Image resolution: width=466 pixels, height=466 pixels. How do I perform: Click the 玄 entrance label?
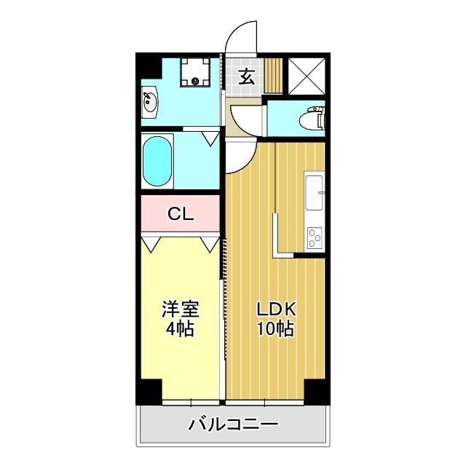click(x=246, y=76)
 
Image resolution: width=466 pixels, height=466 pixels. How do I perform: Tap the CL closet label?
click(x=180, y=214)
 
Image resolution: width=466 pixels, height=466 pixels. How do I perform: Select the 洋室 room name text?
click(x=180, y=309)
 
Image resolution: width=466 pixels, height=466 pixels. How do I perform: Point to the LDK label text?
click(x=275, y=309)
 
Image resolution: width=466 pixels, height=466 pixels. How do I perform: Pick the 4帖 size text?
click(x=180, y=328)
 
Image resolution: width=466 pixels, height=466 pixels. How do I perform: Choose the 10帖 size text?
click(x=275, y=328)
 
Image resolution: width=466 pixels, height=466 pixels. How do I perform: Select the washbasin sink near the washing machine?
click(x=151, y=101)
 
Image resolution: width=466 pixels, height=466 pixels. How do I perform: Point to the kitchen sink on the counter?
click(x=315, y=191)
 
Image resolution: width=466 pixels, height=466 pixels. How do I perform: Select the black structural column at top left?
click(x=149, y=65)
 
